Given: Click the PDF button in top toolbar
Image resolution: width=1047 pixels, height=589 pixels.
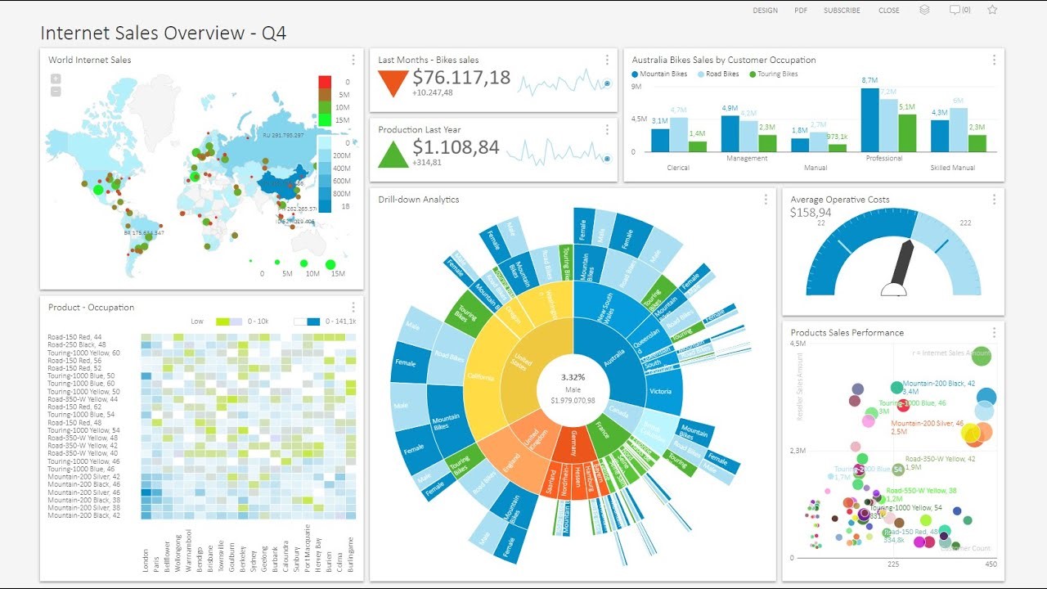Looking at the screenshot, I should coord(801,11).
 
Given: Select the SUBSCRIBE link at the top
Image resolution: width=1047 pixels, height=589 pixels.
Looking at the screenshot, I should coord(842,11).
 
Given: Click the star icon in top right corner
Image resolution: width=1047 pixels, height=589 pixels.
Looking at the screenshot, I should coord(992,10).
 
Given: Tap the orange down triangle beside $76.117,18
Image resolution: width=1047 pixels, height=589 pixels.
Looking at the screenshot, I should coord(393,83).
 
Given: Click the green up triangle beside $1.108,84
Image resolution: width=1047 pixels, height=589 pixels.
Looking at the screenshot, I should coord(393,154).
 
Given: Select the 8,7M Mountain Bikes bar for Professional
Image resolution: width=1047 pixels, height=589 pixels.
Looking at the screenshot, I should coord(870,119).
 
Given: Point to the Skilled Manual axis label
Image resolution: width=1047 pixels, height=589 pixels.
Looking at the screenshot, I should coord(953,168).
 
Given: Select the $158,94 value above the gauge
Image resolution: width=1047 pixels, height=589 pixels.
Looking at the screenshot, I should coord(811,213).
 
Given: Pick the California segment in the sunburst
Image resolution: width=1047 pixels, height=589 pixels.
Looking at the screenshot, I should coord(481,377).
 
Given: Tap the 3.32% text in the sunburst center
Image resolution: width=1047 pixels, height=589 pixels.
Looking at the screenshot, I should coord(573,377).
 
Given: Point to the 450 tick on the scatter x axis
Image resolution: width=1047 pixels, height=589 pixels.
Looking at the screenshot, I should coord(991,564).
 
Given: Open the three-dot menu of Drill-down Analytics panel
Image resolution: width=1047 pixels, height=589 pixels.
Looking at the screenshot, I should coord(766,200).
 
